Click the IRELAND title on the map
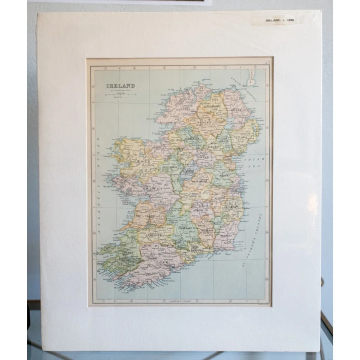click(120, 86)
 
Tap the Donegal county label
click(179, 109)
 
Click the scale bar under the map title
click(120, 95)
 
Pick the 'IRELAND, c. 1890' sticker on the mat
click(279, 20)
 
